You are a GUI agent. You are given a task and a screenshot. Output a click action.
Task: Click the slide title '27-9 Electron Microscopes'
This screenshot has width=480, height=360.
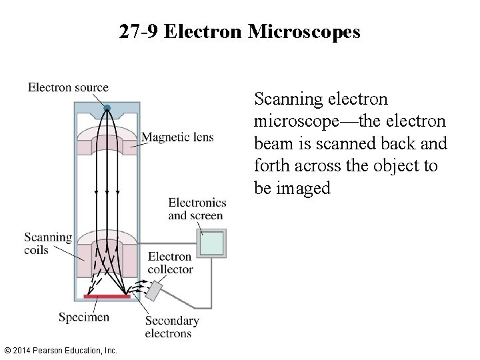click(240, 32)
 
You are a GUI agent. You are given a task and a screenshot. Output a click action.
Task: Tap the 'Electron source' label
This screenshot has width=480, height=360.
click(68, 87)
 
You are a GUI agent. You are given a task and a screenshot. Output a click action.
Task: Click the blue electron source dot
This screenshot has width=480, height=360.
click(106, 107)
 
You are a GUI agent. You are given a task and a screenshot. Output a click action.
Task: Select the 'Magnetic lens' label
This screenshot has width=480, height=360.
click(178, 137)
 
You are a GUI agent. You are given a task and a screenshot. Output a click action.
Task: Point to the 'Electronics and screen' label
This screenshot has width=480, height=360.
click(197, 209)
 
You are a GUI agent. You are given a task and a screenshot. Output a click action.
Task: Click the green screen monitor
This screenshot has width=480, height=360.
click(213, 243)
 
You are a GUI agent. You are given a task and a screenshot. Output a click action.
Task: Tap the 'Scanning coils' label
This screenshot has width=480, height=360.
click(48, 243)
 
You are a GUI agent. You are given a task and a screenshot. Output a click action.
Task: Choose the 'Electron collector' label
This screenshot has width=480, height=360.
click(170, 263)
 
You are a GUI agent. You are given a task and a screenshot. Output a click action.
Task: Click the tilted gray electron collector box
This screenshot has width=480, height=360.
click(155, 291)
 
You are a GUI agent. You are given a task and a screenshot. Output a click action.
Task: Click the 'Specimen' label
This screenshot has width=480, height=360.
click(83, 317)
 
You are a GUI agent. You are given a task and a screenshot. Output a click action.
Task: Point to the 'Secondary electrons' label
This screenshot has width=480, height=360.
click(171, 327)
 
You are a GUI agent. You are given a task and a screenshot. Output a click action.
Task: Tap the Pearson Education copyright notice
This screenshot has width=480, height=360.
click(60, 350)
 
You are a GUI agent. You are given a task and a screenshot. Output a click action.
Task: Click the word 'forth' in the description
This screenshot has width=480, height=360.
click(271, 166)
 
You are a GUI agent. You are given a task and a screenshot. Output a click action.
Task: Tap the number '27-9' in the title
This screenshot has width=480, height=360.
click(139, 32)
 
